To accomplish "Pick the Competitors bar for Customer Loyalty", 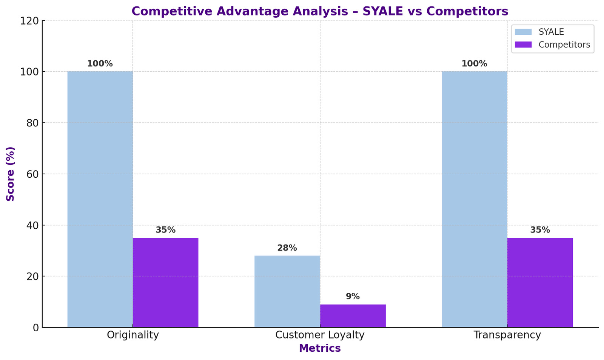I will coord(353,316).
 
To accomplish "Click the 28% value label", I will coord(287,248).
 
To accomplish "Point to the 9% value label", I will coord(353,297).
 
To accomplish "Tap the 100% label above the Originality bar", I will coord(100,64).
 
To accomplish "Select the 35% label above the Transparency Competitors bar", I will coord(540,230).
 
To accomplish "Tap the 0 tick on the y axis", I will coord(35,328).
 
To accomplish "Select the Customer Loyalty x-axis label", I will coord(320,335).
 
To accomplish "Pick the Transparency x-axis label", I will coord(507,335).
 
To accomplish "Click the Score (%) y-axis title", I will coord(11,174).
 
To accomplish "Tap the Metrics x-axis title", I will coord(320,348).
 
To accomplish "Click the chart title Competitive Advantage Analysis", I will coord(320,11).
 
